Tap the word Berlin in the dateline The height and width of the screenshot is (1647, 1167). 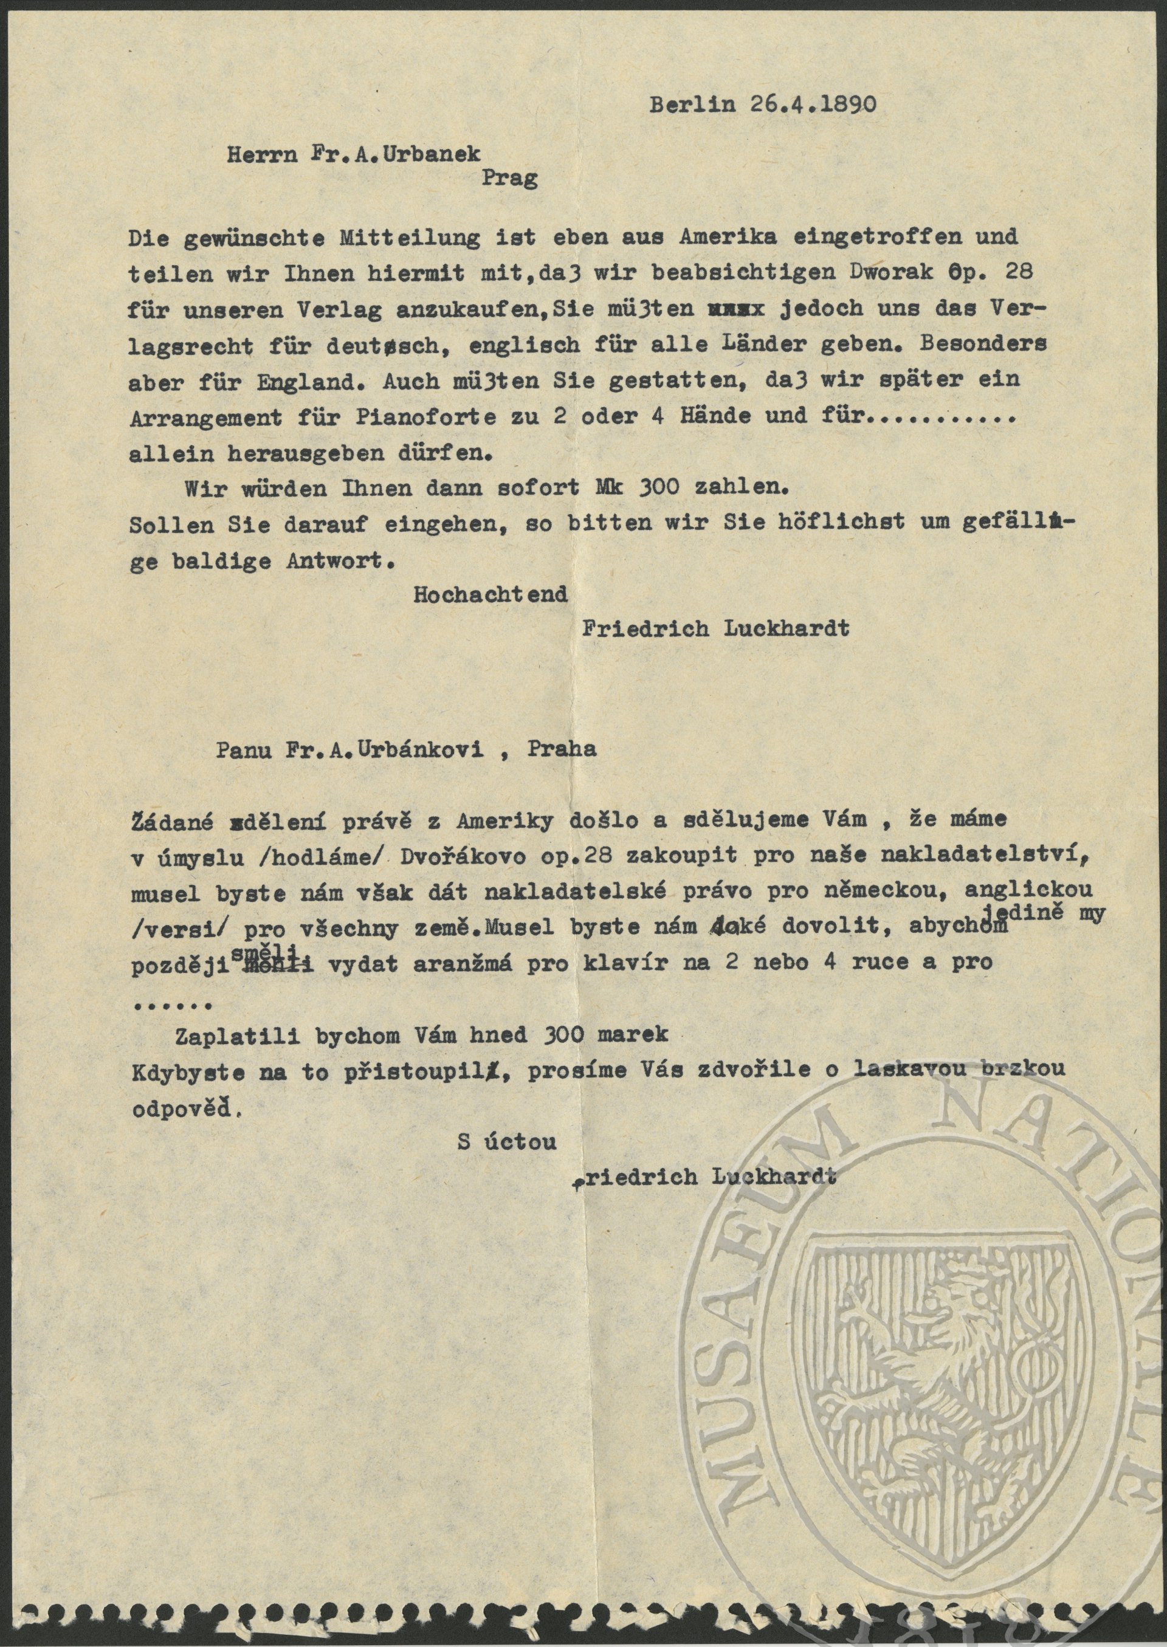point(693,106)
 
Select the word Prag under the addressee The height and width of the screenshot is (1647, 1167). point(509,178)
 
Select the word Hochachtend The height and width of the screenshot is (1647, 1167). point(490,594)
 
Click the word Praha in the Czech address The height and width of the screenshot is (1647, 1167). point(562,749)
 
